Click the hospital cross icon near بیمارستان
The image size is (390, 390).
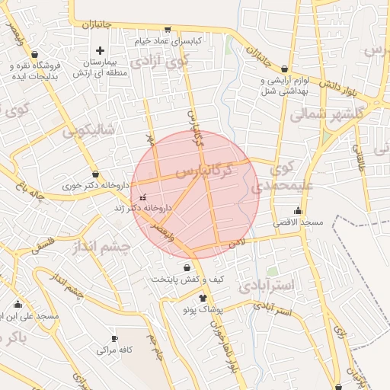click(100, 50)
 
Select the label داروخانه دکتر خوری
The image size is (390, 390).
click(94, 185)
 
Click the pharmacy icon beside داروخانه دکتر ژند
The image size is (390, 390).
click(142, 197)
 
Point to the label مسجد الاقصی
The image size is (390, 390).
click(299, 222)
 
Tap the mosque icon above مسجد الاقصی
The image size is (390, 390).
click(298, 210)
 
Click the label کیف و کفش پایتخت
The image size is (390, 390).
click(187, 279)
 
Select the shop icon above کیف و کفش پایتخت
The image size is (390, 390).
click(187, 267)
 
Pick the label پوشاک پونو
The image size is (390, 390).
click(203, 310)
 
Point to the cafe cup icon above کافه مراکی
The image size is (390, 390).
click(114, 338)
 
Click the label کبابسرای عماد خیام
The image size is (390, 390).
click(168, 40)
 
